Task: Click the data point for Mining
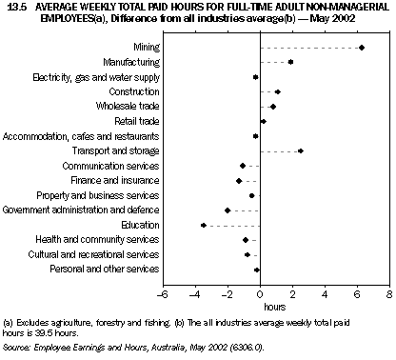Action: click(x=362, y=47)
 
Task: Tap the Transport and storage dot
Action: click(x=300, y=150)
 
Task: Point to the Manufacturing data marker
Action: click(x=290, y=62)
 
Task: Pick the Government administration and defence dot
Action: click(x=228, y=210)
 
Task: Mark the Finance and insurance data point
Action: click(x=239, y=180)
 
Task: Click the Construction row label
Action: click(x=134, y=91)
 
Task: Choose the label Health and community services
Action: click(x=105, y=239)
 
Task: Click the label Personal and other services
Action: click(x=106, y=270)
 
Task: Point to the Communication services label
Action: click(x=109, y=166)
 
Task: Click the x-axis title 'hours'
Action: click(x=275, y=308)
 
